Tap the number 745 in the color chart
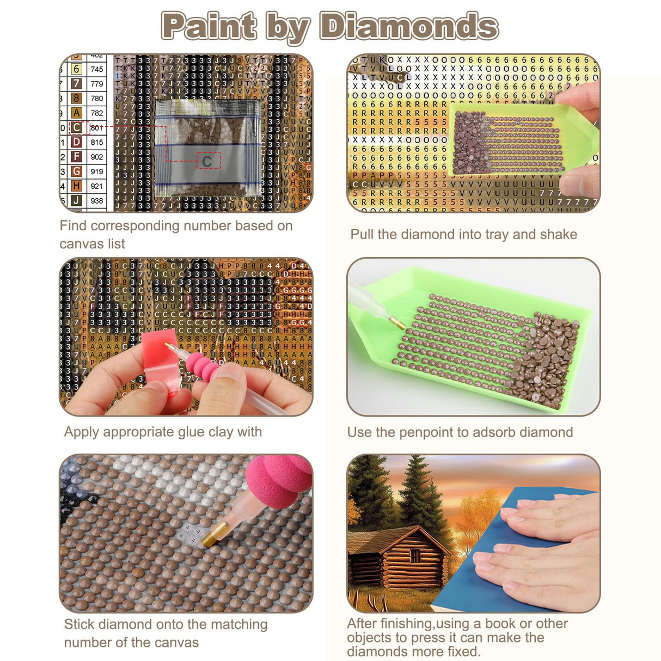click(97, 69)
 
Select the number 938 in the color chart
click(97, 200)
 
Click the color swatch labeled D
click(77, 142)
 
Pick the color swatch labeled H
click(77, 186)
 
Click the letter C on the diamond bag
click(207, 161)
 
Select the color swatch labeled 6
click(77, 69)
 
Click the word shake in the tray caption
click(559, 234)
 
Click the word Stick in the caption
click(79, 624)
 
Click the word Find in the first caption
click(74, 225)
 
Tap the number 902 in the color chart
click(97, 157)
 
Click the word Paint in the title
click(209, 26)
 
